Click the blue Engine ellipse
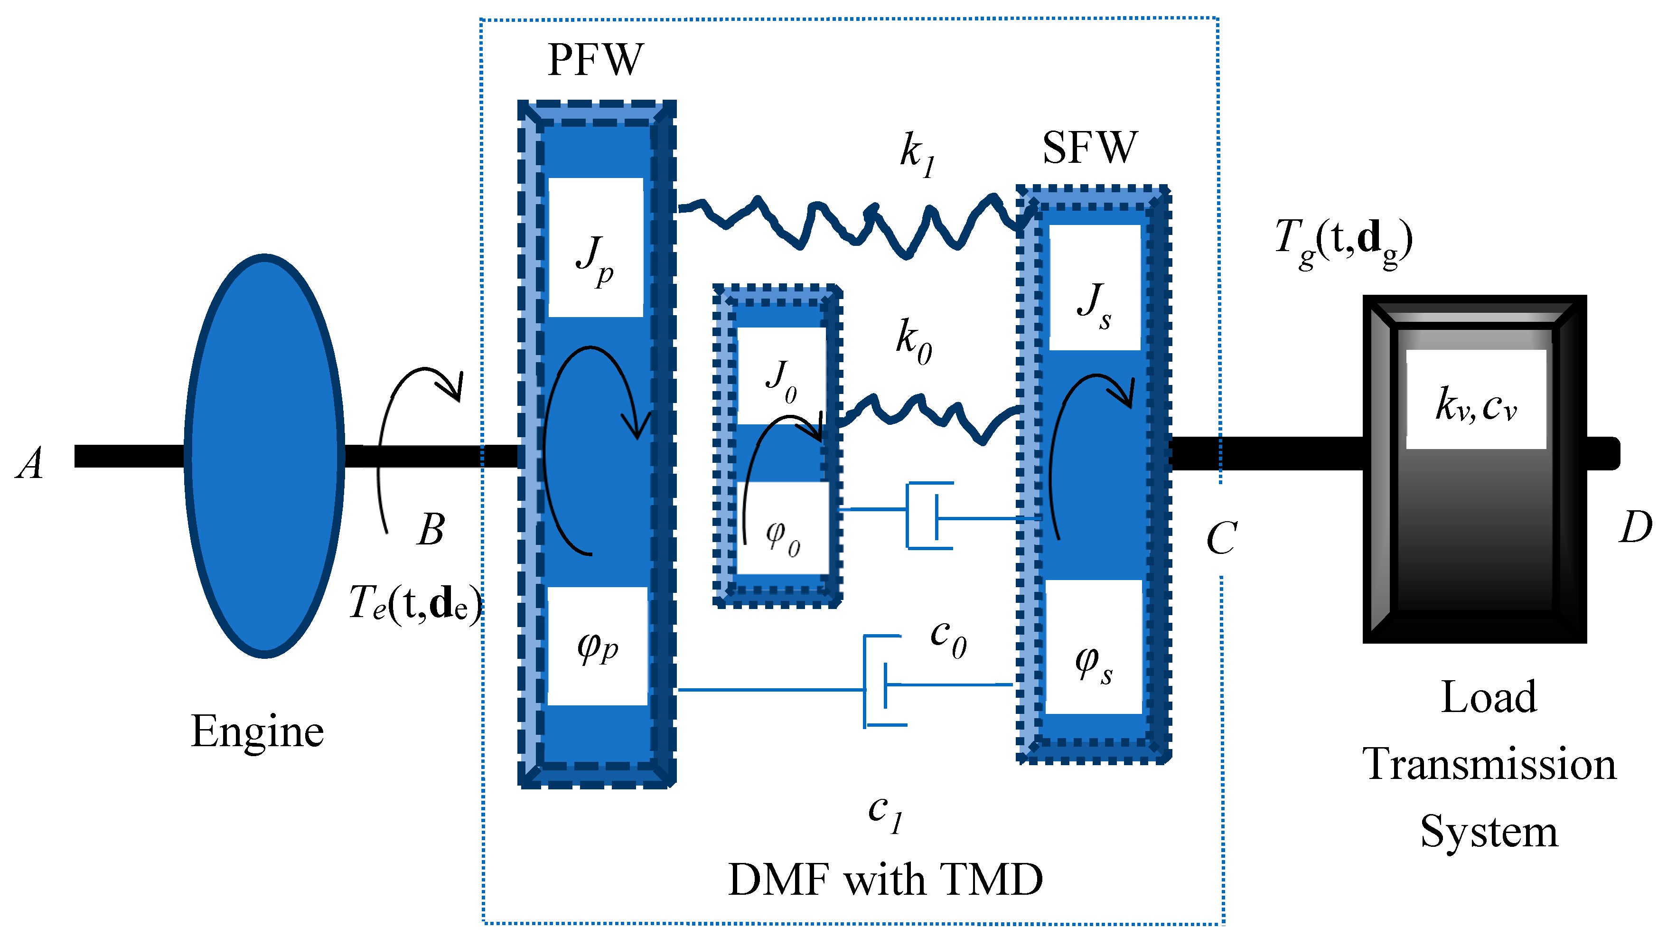tap(264, 456)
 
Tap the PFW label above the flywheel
tap(595, 60)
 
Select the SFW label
tap(1090, 148)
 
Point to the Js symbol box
tap(1094, 304)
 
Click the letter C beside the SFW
tap(1222, 538)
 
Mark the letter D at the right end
tap(1635, 527)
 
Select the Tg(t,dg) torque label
tap(1343, 243)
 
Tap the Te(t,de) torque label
tap(414, 603)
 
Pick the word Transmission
tap(1489, 764)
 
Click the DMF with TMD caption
tap(885, 880)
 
